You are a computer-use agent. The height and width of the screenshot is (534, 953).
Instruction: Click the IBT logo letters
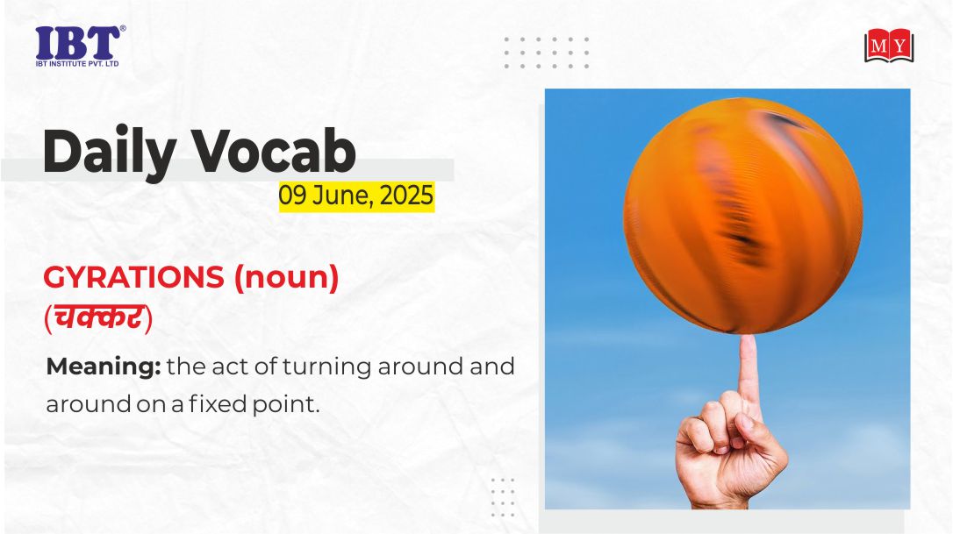click(77, 42)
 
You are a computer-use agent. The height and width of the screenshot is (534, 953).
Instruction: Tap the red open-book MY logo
click(889, 46)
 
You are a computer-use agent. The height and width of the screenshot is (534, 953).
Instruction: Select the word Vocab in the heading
click(274, 151)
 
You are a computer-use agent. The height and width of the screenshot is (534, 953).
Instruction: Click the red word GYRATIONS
click(133, 278)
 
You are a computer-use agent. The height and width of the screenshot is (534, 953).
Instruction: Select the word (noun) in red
click(286, 278)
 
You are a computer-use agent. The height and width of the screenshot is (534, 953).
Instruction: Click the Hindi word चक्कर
click(98, 317)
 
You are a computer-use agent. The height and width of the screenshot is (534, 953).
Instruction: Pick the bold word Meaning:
click(104, 367)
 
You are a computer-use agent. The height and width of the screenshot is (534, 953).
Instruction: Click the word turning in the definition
click(327, 367)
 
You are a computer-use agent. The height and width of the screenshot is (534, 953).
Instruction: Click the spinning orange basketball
click(742, 216)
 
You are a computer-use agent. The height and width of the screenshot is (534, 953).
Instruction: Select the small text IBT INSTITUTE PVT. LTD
click(77, 64)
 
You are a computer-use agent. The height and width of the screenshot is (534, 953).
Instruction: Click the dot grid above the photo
click(547, 53)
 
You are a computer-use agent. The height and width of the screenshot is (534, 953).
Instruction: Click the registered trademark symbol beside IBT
click(123, 29)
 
